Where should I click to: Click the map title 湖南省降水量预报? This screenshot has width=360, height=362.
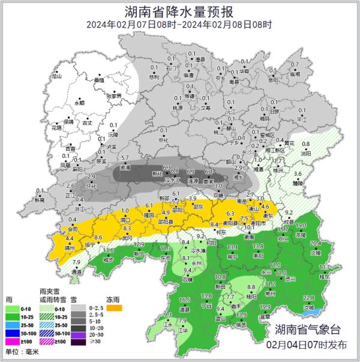click(x=179, y=10)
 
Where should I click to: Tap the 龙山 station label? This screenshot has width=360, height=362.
click(x=57, y=77)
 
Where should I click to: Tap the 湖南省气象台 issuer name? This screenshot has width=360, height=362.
click(x=307, y=330)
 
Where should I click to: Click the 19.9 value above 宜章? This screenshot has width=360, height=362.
click(x=265, y=307)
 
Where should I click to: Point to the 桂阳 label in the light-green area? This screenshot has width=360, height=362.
click(x=252, y=297)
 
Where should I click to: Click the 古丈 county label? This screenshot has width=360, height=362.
click(x=88, y=122)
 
